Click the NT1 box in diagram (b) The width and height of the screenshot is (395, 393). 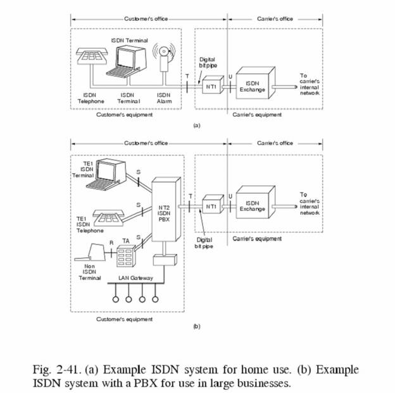tap(211, 207)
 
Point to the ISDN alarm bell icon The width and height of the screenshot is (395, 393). tap(164, 55)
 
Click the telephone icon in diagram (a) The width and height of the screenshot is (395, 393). tap(91, 57)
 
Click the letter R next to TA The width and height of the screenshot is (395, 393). tap(111, 243)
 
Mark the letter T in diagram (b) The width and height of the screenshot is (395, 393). tap(189, 196)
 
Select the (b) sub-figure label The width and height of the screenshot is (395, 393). tap(196, 327)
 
